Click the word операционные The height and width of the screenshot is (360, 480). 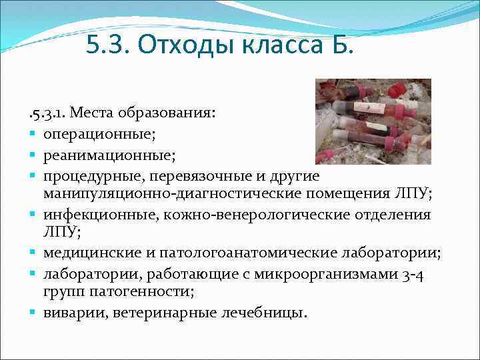pos(99,134)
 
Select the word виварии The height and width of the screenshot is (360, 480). pos(69,311)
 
